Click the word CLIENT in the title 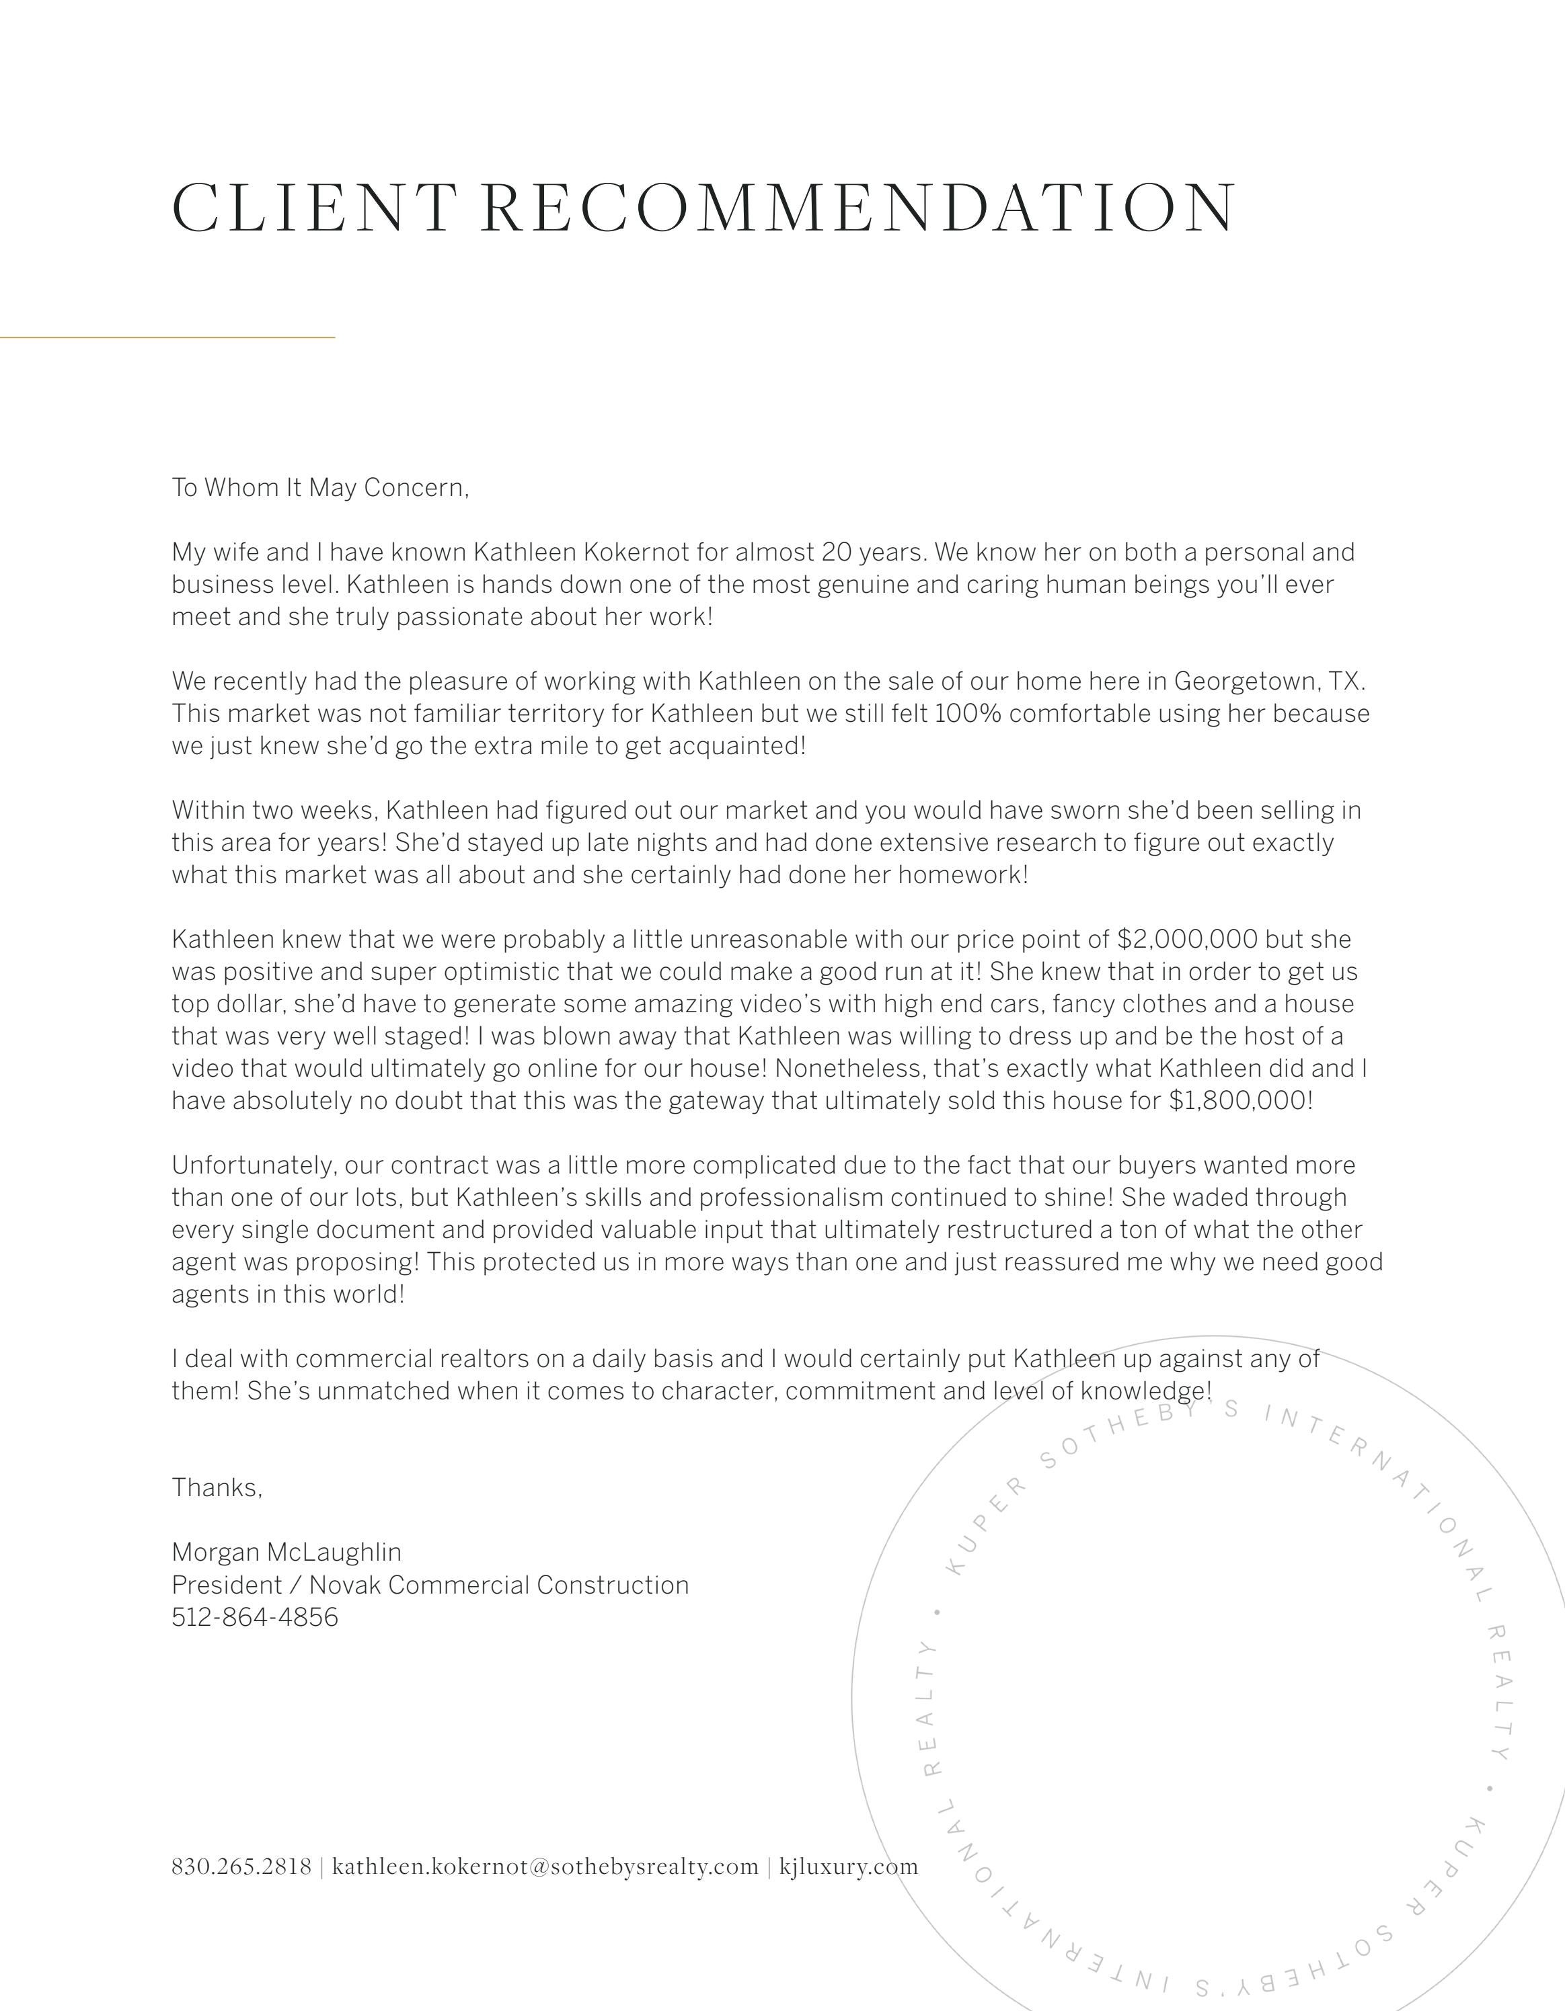coord(313,208)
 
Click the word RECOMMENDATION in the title coord(858,208)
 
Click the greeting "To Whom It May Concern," coord(319,487)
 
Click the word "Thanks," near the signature coord(217,1487)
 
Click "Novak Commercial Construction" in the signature coord(498,1585)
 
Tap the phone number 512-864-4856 coord(254,1617)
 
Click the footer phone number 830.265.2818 coord(241,1866)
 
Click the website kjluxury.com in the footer coord(848,1866)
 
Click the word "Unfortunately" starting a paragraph coord(254,1165)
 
